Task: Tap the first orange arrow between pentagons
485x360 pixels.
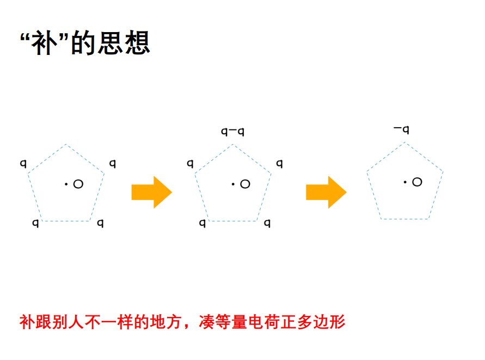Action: pyautogui.click(x=151, y=192)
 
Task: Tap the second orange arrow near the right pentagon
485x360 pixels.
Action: pyautogui.click(x=326, y=192)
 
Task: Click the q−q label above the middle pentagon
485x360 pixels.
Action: pyautogui.click(x=232, y=131)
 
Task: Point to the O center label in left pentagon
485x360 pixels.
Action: pyautogui.click(x=78, y=184)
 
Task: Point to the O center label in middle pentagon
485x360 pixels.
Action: pyautogui.click(x=245, y=184)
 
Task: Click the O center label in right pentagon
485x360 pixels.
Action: pyautogui.click(x=417, y=182)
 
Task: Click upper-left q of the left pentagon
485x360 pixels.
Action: pyautogui.click(x=23, y=163)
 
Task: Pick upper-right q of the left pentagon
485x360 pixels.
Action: pyautogui.click(x=113, y=163)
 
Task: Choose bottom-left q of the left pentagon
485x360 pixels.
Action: pyautogui.click(x=35, y=223)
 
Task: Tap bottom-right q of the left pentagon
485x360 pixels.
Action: pyautogui.click(x=100, y=223)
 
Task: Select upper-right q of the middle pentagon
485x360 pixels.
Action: pyautogui.click(x=279, y=163)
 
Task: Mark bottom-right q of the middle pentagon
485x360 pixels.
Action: pyautogui.click(x=267, y=223)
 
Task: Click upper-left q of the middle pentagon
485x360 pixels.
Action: pyautogui.click(x=190, y=163)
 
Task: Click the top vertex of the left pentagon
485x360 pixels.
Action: pyautogui.click(x=66, y=145)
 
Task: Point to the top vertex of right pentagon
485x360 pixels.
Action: pyautogui.click(x=405, y=142)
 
